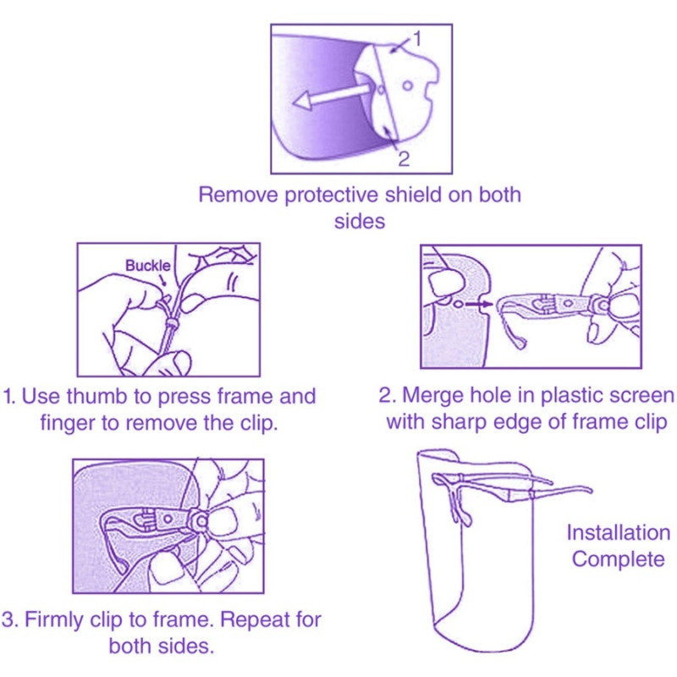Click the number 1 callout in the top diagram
(x=416, y=39)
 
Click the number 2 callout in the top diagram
(x=404, y=159)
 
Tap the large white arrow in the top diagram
(x=332, y=96)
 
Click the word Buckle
(x=147, y=265)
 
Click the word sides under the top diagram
(x=359, y=222)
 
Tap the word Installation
(x=619, y=532)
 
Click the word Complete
(x=619, y=559)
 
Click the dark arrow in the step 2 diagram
(x=478, y=305)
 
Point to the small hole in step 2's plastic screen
(x=459, y=305)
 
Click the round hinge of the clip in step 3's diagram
(x=201, y=521)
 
